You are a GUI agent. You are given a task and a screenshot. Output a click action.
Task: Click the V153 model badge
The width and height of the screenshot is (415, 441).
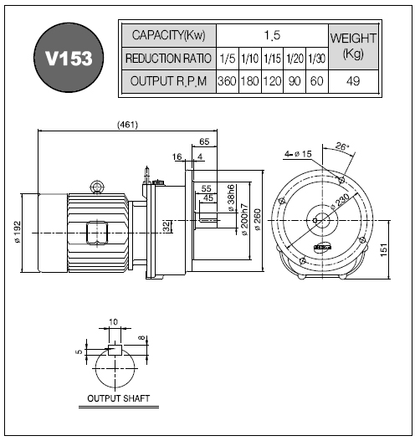(69, 58)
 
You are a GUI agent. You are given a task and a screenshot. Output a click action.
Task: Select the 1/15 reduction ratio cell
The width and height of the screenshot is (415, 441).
(272, 59)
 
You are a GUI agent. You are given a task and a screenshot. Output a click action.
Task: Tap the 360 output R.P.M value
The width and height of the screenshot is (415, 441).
(227, 81)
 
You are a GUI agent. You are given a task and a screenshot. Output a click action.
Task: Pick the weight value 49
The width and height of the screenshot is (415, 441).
(353, 81)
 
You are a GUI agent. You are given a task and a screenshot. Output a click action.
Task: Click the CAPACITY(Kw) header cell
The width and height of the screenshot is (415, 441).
(169, 35)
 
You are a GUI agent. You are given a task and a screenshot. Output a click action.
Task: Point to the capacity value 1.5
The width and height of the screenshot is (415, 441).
(272, 35)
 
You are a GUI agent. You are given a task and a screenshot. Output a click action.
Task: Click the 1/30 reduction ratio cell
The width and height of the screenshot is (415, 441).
(317, 59)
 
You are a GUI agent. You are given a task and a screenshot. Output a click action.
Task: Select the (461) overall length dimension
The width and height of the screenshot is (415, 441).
(128, 125)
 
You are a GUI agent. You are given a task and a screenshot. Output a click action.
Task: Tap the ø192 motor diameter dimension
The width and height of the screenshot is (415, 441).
(18, 232)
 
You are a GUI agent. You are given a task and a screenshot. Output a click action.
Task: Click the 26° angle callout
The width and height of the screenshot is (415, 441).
(342, 146)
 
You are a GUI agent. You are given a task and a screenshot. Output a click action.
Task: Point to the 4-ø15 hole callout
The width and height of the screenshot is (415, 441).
(298, 154)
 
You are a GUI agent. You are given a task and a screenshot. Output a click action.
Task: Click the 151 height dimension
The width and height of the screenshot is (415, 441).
(384, 249)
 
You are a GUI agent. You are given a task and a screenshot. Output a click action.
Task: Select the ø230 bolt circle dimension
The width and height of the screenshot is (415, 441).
(340, 202)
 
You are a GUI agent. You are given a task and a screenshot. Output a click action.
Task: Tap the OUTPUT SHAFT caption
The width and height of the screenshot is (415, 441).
(118, 398)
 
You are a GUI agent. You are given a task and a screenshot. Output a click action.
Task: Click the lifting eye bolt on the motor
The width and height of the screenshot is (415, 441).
(97, 187)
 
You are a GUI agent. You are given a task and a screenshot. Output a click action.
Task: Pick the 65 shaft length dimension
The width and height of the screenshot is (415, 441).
(204, 141)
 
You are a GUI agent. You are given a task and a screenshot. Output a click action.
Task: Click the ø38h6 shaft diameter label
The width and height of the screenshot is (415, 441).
(231, 198)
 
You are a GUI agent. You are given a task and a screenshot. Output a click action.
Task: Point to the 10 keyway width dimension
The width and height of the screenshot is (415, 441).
(113, 321)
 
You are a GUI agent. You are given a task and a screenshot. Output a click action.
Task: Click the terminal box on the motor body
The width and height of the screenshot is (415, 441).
(97, 233)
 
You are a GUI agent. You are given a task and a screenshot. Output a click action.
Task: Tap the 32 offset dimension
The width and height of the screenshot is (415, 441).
(167, 227)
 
